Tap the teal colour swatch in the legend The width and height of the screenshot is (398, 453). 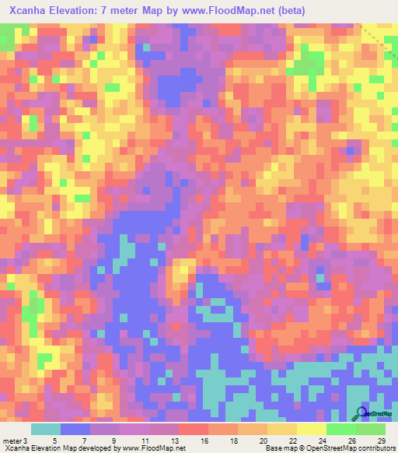click(x=45, y=430)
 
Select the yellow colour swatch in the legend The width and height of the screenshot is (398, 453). click(x=311, y=430)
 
